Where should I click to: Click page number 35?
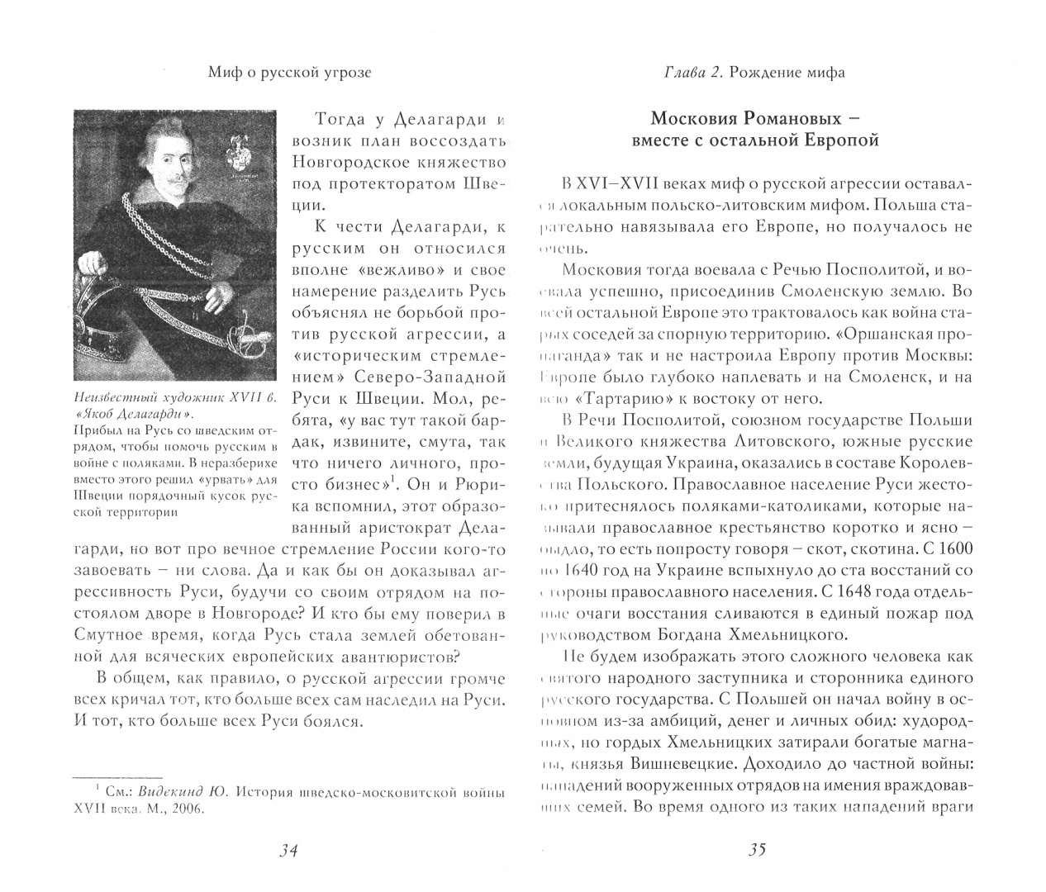click(757, 851)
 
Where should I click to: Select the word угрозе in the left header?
click(346, 73)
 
